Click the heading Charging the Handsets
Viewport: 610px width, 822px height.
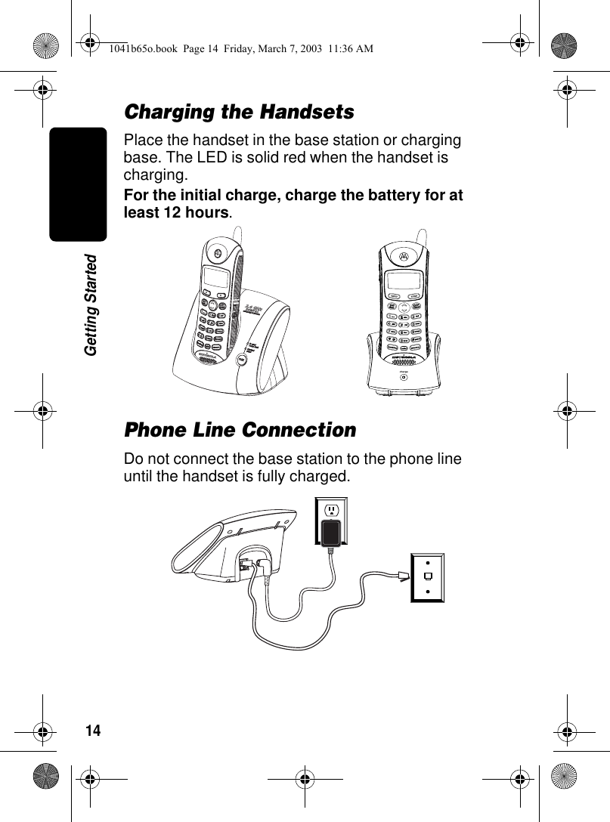[239, 113]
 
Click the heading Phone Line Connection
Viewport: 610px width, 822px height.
[240, 431]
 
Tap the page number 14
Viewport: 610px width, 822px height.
[92, 731]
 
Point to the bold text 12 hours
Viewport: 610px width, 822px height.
[191, 213]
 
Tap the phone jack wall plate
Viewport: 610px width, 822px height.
[427, 578]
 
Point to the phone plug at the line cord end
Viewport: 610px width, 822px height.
[401, 577]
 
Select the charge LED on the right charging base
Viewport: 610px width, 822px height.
[404, 377]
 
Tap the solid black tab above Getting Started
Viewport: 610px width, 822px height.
[78, 184]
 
